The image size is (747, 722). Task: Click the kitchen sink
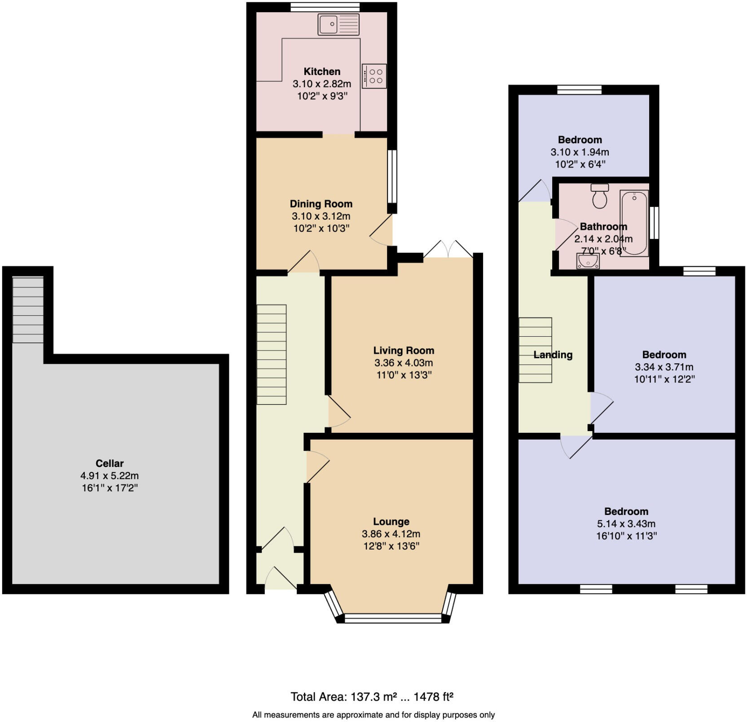(x=338, y=24)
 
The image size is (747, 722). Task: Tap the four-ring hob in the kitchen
(x=374, y=76)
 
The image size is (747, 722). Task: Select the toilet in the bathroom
(x=600, y=196)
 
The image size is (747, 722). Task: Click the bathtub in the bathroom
(x=634, y=223)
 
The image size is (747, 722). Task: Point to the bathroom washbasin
(x=588, y=261)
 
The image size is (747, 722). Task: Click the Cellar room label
(x=110, y=463)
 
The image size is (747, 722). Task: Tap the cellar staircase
(x=28, y=310)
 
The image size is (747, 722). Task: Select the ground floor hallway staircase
(x=272, y=355)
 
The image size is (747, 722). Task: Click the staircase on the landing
(x=535, y=350)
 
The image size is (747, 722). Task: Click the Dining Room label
(x=321, y=204)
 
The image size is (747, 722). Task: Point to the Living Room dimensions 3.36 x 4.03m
(x=404, y=363)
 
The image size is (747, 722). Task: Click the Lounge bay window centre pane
(x=393, y=619)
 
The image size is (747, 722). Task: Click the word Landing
(x=553, y=355)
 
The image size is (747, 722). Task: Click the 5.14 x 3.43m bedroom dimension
(x=626, y=524)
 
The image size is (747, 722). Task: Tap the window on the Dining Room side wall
(x=392, y=176)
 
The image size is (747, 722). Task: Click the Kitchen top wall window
(x=325, y=7)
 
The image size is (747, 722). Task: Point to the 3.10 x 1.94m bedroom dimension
(x=580, y=152)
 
